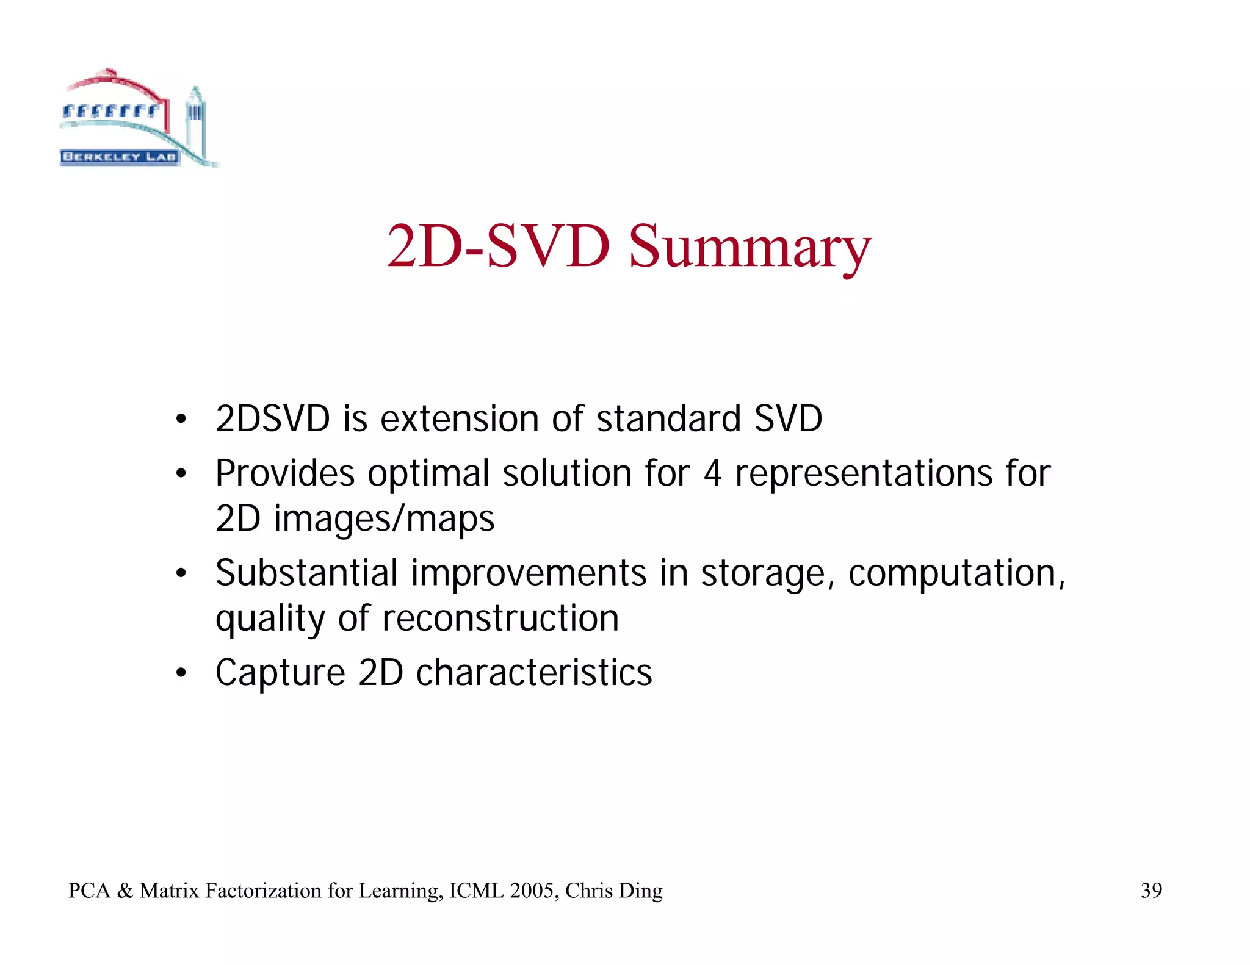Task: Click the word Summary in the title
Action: tap(750, 247)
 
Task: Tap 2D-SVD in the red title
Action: tap(498, 247)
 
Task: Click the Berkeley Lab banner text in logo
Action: tap(120, 157)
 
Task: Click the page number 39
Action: tap(1151, 891)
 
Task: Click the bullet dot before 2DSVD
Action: tap(181, 420)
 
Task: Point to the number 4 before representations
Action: tap(712, 473)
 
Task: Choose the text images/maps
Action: tap(384, 519)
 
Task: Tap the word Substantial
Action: tap(306, 573)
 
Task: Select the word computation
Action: tap(955, 575)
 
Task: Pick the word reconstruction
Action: tap(500, 619)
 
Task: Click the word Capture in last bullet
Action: tap(280, 673)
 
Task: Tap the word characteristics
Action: tap(534, 673)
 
